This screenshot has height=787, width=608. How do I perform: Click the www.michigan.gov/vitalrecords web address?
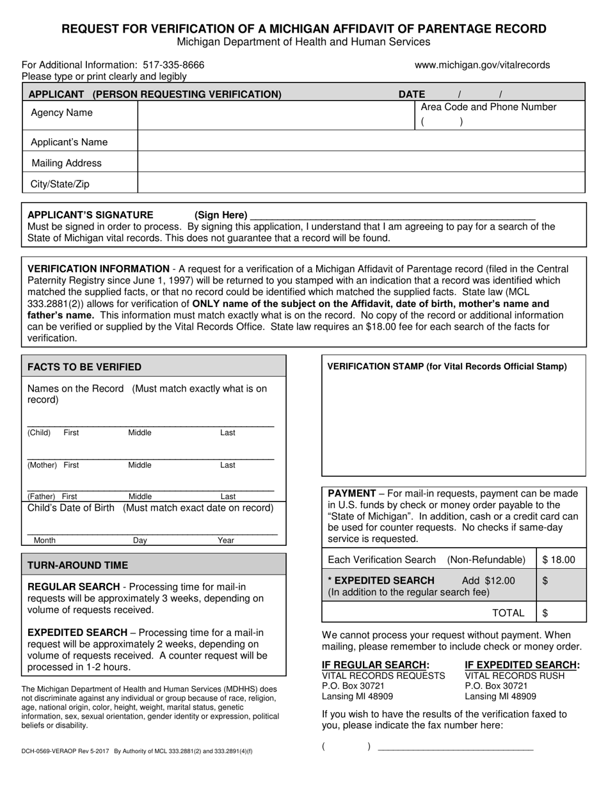(482, 65)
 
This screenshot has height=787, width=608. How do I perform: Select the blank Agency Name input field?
(275, 114)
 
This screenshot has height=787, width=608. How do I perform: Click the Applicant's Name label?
(69, 142)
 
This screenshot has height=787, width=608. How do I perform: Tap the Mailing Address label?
(67, 163)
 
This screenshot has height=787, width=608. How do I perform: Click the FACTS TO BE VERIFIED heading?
(84, 367)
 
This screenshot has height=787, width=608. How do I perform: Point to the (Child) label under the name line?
(39, 433)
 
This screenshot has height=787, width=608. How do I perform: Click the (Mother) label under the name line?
(42, 465)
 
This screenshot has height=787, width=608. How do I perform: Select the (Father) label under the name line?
(41, 497)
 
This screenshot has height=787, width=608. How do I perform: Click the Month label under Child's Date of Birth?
(45, 541)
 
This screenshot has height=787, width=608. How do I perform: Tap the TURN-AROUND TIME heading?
(77, 565)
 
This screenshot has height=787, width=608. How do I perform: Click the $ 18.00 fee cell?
(559, 560)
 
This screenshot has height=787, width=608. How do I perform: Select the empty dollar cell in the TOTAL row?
(561, 613)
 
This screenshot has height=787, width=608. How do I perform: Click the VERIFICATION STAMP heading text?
(447, 367)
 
